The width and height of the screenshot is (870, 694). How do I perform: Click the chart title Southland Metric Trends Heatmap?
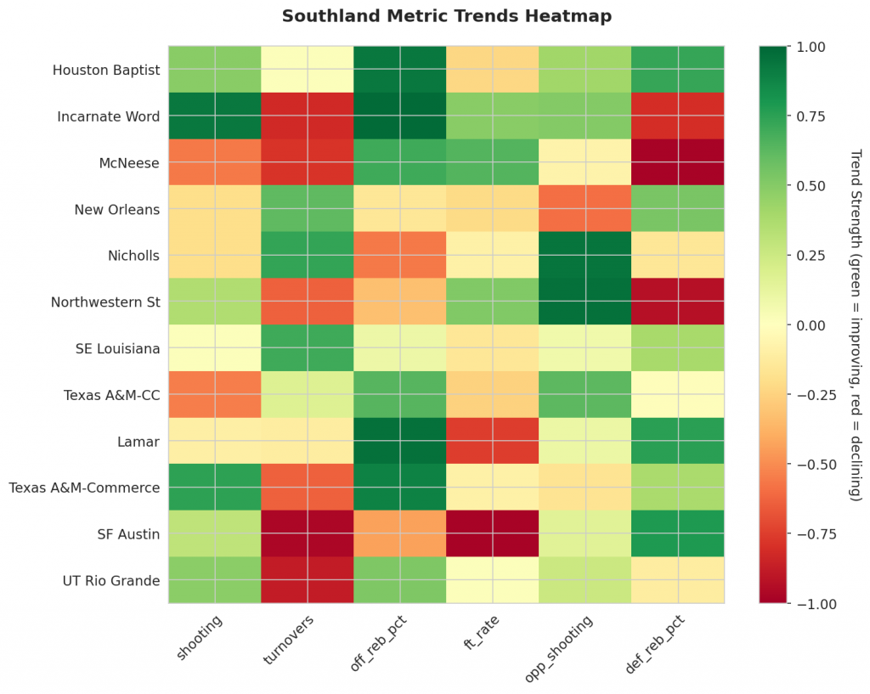(x=446, y=16)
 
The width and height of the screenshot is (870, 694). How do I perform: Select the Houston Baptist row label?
(x=105, y=70)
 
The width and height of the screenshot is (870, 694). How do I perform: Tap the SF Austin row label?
(x=129, y=534)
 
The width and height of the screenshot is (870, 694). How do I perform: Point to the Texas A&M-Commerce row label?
(x=84, y=488)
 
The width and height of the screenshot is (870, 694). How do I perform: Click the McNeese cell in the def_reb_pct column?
(x=678, y=162)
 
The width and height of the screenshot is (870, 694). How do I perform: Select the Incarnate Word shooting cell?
(x=215, y=116)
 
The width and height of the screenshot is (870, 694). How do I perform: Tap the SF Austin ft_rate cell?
(x=493, y=534)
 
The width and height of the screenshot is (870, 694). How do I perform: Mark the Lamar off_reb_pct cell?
(x=400, y=441)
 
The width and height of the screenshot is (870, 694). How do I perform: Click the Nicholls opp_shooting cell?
(x=585, y=256)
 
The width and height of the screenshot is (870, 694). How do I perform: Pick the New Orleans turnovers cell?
(x=308, y=209)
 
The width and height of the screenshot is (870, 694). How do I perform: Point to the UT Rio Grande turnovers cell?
(x=308, y=580)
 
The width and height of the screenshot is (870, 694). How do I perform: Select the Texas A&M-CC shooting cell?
(x=215, y=395)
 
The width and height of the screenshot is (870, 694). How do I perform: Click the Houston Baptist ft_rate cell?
(x=493, y=70)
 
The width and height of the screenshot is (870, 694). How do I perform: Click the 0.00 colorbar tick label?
(x=810, y=325)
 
